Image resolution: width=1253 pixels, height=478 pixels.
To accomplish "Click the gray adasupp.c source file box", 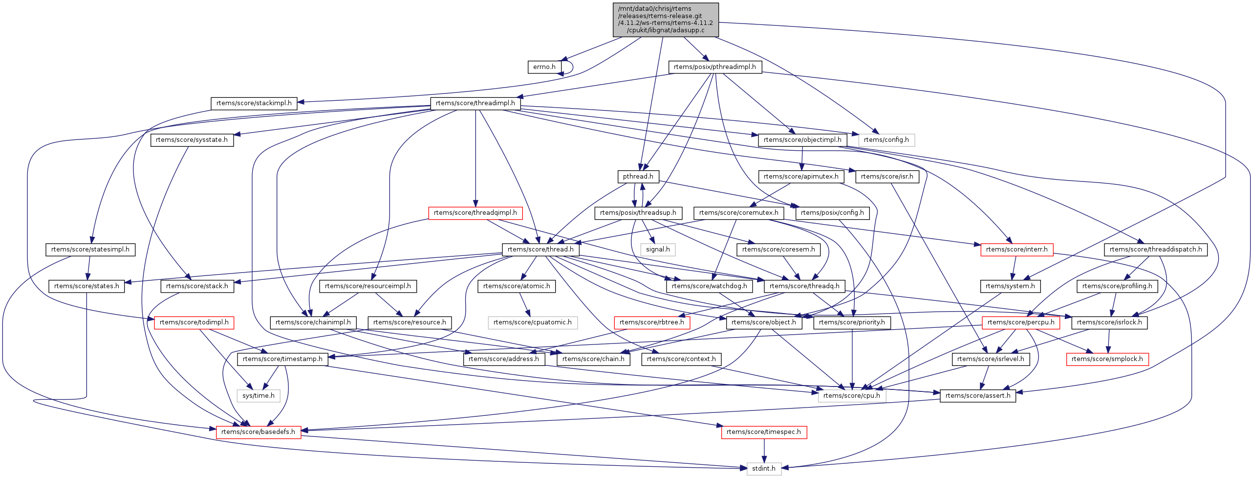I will [666, 20].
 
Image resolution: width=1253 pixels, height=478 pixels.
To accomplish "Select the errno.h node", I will [544, 67].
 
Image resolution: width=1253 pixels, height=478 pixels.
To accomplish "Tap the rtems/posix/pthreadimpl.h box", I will [714, 67].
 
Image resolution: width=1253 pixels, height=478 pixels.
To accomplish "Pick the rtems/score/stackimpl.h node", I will [254, 103].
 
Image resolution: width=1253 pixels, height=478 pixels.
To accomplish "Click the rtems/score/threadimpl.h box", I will [475, 103].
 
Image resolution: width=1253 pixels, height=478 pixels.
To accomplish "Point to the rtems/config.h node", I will [886, 140].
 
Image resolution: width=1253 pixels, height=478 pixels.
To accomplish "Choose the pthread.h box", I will [638, 177].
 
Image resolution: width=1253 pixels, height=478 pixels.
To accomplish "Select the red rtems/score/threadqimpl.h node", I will [475, 213].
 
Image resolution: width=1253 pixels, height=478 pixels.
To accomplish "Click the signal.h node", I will [658, 250].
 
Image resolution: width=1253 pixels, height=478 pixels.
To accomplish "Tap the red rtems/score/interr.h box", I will [1016, 250].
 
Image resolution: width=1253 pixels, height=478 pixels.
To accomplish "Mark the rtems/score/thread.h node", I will [540, 250].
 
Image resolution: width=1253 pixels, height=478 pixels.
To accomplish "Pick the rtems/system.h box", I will [1010, 286].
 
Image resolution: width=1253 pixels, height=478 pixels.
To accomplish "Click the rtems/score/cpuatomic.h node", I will [532, 322].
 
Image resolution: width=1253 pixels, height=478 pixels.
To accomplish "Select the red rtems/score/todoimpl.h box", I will [194, 322].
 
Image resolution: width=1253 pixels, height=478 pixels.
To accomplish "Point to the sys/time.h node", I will [259, 396].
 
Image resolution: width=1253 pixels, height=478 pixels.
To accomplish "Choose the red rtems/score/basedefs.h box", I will [258, 432].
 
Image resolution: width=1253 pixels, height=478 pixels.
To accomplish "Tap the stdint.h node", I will [763, 469].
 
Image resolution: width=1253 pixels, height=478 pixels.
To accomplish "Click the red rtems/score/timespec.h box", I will [763, 432].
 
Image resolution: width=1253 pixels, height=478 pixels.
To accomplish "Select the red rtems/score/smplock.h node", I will [1107, 359].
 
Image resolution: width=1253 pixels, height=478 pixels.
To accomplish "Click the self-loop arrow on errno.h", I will [571, 67].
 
